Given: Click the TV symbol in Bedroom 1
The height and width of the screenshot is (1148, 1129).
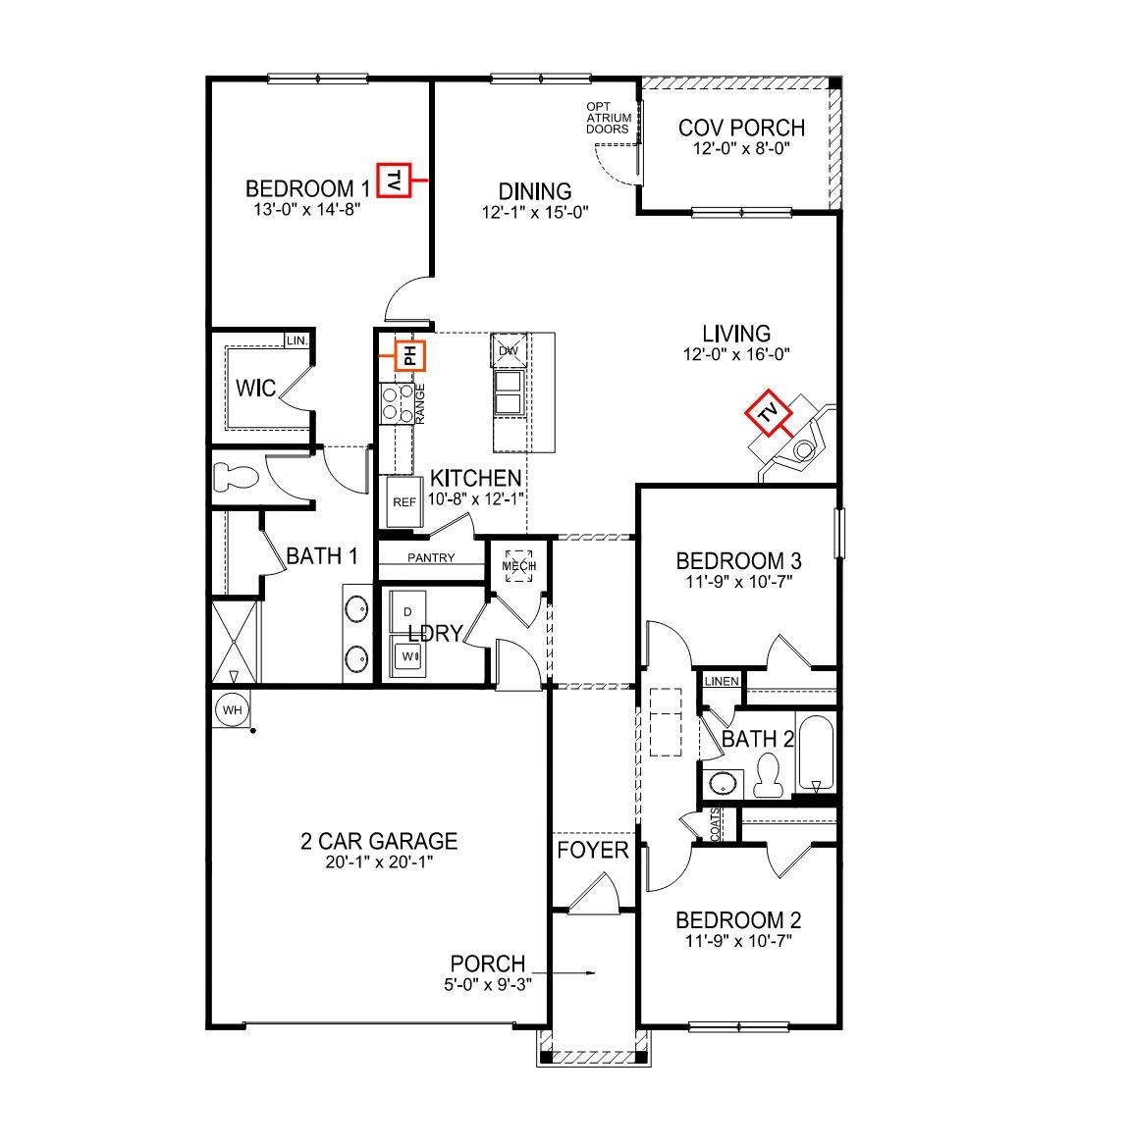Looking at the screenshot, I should pyautogui.click(x=394, y=180).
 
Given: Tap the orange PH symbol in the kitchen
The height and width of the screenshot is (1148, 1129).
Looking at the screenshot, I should pyautogui.click(x=410, y=355).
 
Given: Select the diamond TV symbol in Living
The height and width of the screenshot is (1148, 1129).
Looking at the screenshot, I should pyautogui.click(x=768, y=413).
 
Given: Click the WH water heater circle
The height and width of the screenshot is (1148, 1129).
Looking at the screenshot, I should pyautogui.click(x=232, y=709).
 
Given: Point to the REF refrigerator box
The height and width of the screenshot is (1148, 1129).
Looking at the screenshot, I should pyautogui.click(x=403, y=501).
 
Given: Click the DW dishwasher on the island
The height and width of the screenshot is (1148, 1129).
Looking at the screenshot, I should pyautogui.click(x=509, y=350).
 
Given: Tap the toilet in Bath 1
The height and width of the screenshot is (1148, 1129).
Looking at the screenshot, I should pyautogui.click(x=235, y=478).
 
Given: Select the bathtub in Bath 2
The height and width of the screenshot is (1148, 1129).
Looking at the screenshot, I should pyautogui.click(x=815, y=755).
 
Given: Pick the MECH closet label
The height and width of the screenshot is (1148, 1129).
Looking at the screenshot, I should pyautogui.click(x=519, y=566).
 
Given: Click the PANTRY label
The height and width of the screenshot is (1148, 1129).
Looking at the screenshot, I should pyautogui.click(x=431, y=558).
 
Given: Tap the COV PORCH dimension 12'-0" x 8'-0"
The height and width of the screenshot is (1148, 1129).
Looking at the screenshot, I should pyautogui.click(x=741, y=148).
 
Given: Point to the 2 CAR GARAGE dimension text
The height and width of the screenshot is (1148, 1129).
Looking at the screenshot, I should pyautogui.click(x=378, y=862).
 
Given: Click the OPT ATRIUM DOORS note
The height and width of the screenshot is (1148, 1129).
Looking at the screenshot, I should pyautogui.click(x=608, y=118).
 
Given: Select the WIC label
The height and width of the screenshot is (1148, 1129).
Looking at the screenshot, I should pyautogui.click(x=255, y=389).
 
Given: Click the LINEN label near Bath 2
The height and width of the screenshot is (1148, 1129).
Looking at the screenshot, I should pyautogui.click(x=721, y=681).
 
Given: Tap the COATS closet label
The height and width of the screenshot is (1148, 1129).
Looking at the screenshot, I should pyautogui.click(x=716, y=824).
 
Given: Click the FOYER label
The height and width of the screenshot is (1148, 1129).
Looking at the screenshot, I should pyautogui.click(x=593, y=850).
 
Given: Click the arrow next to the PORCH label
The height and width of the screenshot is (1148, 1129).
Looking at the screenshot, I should pyautogui.click(x=579, y=973).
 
